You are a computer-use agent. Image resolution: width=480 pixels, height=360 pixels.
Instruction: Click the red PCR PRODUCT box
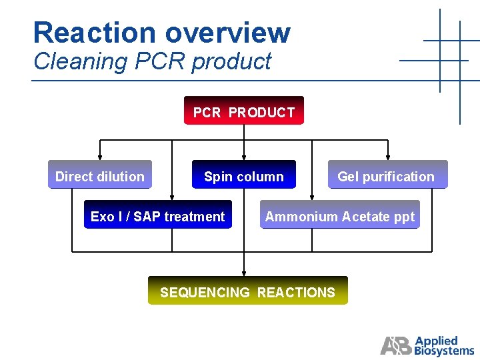point(243,111)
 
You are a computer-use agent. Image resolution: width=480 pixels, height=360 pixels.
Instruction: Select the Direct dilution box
point(100,176)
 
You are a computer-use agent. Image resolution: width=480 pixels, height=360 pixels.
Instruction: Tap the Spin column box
point(243,176)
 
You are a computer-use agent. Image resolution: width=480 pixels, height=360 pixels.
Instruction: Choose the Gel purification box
point(386,176)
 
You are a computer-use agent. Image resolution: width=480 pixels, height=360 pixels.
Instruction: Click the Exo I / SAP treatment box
point(157,216)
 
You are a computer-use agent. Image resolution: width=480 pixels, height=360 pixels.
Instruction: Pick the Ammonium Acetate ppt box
point(339,216)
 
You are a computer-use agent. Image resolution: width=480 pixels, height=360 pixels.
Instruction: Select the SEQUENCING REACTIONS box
point(247,292)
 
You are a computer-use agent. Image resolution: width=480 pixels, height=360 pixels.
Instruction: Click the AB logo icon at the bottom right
point(396,345)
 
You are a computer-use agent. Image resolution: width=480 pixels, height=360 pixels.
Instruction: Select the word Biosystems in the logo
point(444,350)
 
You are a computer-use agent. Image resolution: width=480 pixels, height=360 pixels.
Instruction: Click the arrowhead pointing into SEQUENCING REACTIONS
point(244,273)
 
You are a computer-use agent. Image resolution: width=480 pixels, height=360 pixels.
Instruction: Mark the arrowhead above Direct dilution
point(100,157)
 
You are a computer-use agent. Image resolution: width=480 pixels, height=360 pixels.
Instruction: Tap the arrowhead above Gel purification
point(388,157)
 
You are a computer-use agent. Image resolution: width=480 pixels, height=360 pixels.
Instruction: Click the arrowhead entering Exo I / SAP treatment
point(172,197)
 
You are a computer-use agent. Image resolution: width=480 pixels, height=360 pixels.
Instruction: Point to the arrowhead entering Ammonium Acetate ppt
point(312,197)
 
